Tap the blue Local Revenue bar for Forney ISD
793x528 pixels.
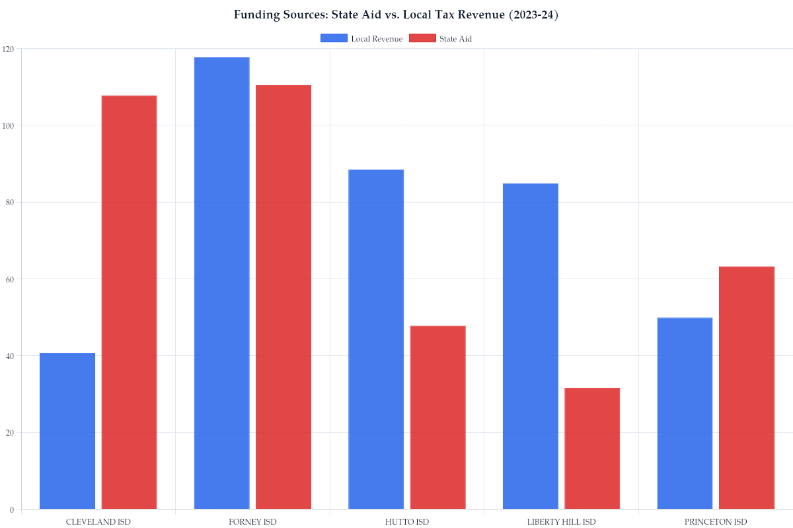[x=221, y=283]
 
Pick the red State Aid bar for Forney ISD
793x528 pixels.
[x=283, y=297]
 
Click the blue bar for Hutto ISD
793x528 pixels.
[x=376, y=339]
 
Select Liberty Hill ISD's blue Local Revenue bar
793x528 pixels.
[x=531, y=346]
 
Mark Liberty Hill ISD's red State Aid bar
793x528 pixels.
[x=592, y=449]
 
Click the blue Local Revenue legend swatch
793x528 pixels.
[x=334, y=38]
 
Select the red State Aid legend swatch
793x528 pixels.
[x=422, y=38]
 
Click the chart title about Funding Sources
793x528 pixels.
[x=397, y=15]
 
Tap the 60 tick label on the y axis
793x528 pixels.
[x=10, y=279]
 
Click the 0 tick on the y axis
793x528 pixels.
[x=12, y=510]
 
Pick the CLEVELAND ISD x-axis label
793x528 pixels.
[x=98, y=522]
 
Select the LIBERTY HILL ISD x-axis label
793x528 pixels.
[x=561, y=522]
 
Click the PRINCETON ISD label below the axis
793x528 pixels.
[x=716, y=522]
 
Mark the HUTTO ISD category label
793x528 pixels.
[x=406, y=522]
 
